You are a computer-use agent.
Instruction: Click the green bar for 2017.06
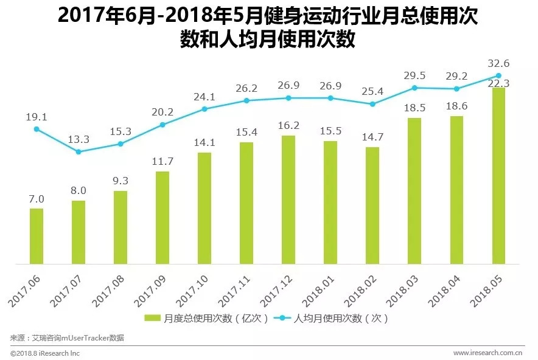point(37,236)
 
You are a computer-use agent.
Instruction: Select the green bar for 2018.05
point(499,176)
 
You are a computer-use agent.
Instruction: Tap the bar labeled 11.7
point(162,218)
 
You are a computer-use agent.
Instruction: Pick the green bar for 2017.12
point(288,199)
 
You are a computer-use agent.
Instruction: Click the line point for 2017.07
point(79,151)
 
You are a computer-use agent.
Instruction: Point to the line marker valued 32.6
point(499,76)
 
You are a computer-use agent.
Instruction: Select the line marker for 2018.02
point(372,104)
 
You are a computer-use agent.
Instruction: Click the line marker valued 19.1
point(37,129)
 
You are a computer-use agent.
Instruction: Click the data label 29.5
point(414,75)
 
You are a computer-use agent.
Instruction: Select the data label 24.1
point(204,96)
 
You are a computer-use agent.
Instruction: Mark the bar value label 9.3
point(121,181)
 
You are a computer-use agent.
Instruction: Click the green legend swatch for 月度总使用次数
point(153,318)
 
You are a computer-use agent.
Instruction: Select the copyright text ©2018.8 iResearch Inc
point(45,353)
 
